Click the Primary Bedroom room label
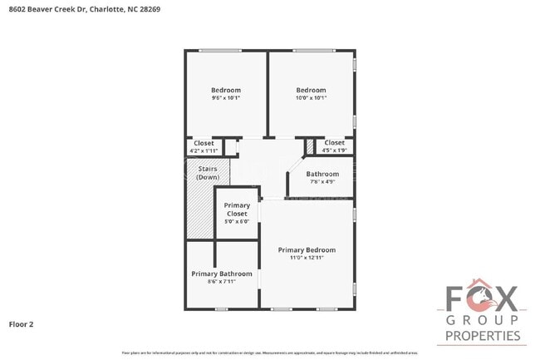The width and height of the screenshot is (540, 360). [307, 249]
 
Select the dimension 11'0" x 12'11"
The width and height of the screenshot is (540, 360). [307, 258]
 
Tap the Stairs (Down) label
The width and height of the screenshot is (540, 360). [207, 173]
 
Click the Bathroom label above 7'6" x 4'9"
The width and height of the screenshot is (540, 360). [322, 174]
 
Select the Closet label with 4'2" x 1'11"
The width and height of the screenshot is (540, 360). [204, 143]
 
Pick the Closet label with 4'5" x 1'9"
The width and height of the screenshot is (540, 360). [335, 143]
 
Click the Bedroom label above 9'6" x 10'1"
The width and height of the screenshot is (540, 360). [225, 90]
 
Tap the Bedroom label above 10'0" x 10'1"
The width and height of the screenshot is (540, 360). [311, 90]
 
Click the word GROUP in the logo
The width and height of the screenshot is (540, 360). [483, 320]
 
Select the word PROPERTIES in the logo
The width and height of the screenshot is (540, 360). [483, 337]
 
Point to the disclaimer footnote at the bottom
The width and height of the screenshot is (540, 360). [270, 353]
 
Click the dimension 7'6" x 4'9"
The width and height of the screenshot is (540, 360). [322, 182]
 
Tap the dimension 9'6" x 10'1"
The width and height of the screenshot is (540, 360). [225, 98]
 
